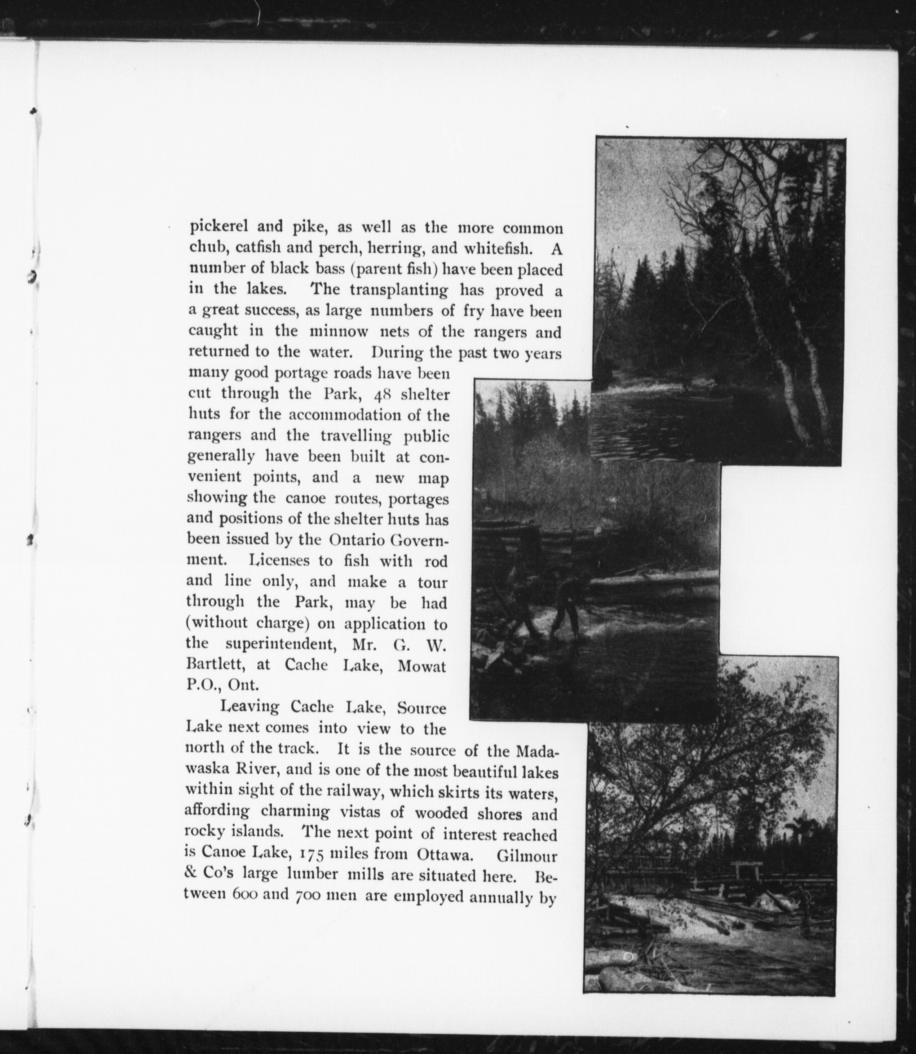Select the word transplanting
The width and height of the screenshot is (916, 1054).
coord(399,290)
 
